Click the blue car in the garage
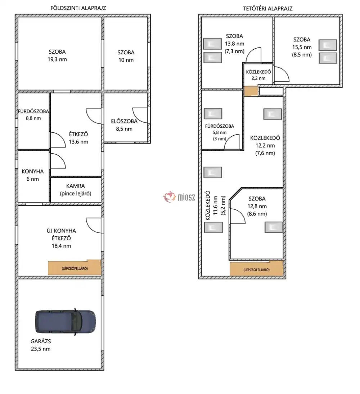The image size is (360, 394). click(66, 322)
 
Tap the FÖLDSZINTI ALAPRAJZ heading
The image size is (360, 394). click(78, 8)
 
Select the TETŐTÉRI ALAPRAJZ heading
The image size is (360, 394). click(268, 9)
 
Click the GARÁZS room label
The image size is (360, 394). click(41, 341)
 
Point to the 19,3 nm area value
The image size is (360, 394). click(57, 60)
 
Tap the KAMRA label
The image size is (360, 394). click(75, 186)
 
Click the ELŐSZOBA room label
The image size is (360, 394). click(124, 121)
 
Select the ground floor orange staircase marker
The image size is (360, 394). click(75, 267)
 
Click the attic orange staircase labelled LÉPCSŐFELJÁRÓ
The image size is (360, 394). click(257, 268)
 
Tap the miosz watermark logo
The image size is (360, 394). click(179, 197)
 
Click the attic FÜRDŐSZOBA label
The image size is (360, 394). click(220, 126)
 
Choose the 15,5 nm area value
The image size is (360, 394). click(302, 47)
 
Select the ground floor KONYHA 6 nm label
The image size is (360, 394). click(33, 175)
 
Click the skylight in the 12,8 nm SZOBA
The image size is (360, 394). click(274, 227)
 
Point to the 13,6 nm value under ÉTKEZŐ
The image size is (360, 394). click(79, 142)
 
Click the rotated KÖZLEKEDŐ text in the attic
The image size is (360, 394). click(208, 206)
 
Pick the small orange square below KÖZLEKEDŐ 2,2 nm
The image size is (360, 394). click(251, 91)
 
